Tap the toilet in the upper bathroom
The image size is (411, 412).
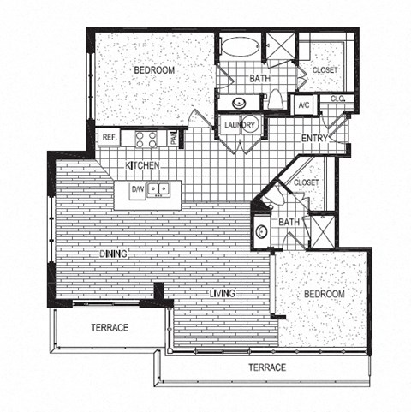click(276, 101)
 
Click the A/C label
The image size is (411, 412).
click(303, 106)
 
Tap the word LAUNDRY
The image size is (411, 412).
click(240, 126)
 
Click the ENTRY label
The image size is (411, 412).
click(316, 138)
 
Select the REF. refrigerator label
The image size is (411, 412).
click(110, 137)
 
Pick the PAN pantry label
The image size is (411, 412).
click(173, 138)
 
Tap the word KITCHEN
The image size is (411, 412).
click(141, 164)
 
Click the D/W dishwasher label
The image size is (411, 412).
click(137, 188)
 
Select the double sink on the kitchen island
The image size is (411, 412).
click(158, 188)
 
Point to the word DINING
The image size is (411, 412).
click(113, 254)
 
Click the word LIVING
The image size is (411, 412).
click(225, 294)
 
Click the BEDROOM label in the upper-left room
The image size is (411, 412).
click(154, 69)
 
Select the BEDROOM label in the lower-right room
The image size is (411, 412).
click(325, 294)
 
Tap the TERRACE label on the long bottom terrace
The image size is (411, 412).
click(267, 367)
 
